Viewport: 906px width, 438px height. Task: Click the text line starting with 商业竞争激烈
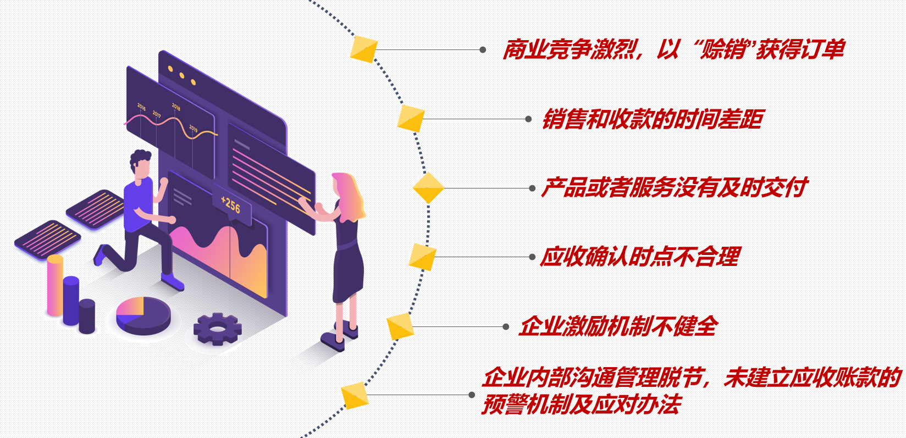point(673,50)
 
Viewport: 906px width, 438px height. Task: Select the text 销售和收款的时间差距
point(653,119)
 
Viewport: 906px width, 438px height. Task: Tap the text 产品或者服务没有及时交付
point(674,188)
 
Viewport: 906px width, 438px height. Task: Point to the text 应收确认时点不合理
point(640,257)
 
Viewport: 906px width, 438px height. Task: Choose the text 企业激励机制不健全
point(618,326)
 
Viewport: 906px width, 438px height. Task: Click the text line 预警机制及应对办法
point(582,405)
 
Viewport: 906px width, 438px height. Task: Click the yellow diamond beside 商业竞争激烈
point(363,49)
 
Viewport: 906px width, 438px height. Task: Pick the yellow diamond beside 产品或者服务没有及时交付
point(428,188)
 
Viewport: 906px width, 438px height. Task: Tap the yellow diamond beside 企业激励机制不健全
point(400,327)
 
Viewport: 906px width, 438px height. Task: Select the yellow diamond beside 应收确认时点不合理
point(423,257)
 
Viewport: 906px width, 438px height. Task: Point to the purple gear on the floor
point(218,329)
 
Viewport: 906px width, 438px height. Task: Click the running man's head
point(141,164)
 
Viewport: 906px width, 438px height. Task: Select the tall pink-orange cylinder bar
point(55,286)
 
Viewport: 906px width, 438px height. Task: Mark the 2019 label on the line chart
point(194,128)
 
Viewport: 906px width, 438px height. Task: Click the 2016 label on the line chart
point(141,107)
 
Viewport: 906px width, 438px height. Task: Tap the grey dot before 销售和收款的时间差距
point(528,119)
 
